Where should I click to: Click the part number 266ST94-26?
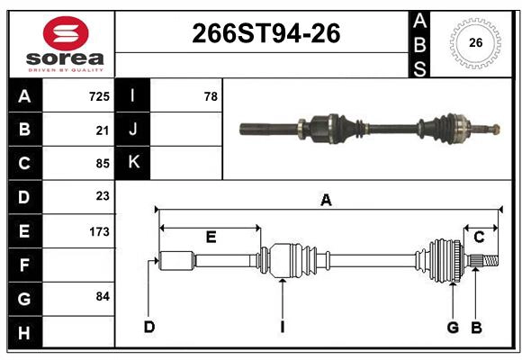click(x=266, y=33)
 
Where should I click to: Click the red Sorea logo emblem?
click(x=66, y=33)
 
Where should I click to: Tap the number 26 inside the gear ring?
click(x=475, y=43)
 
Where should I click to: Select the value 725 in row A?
click(x=99, y=96)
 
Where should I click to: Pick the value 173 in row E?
click(x=99, y=231)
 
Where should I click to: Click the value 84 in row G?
click(x=103, y=296)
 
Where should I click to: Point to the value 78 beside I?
click(x=211, y=96)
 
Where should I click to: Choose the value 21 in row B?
click(x=103, y=130)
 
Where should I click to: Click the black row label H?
click(x=25, y=332)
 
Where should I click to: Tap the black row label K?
click(x=133, y=163)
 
